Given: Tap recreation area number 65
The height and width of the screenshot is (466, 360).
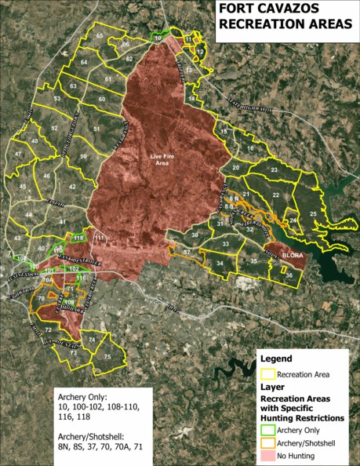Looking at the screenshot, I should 100,36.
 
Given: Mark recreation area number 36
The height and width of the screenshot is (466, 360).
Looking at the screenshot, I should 289,275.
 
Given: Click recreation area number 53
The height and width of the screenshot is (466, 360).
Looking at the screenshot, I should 57,99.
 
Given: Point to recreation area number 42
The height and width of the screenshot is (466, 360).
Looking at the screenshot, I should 72,186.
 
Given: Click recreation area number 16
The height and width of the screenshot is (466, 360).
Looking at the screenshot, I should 250,148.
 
